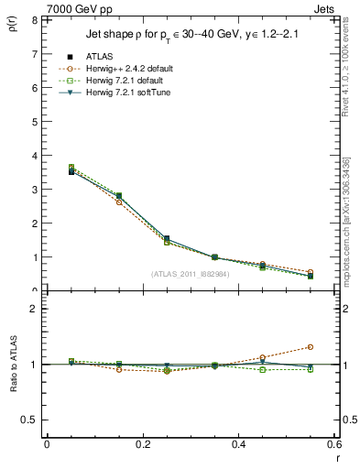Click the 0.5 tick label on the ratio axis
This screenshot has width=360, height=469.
pos(29,420)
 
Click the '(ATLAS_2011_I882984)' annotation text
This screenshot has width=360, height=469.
pos(190,274)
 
